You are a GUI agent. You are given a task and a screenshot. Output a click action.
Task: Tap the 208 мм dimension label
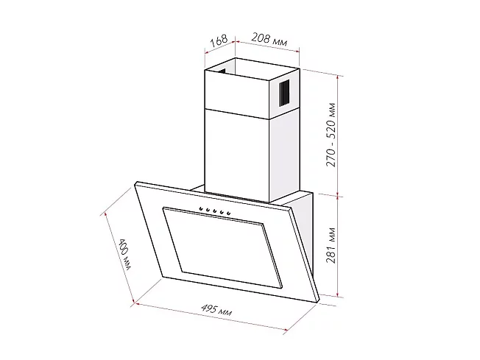click(269, 39)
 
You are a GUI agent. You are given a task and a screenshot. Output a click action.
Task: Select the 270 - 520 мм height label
click(331, 135)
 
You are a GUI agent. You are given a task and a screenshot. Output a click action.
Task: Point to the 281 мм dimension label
click(331, 245)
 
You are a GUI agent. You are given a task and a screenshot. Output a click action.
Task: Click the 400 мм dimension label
click(124, 254)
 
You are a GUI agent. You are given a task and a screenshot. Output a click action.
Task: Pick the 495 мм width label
click(216, 309)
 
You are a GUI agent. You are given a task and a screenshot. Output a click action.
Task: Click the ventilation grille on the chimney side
click(284, 93)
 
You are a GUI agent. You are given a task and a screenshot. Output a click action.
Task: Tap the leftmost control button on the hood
click(201, 209)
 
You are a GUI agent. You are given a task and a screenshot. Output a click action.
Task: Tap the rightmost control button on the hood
click(228, 213)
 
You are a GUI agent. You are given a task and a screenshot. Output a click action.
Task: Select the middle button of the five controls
click(214, 211)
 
